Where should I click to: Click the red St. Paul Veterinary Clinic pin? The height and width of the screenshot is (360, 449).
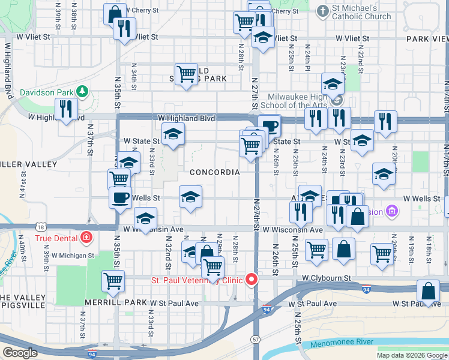252,280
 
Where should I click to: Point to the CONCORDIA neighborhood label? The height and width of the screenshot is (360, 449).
214,172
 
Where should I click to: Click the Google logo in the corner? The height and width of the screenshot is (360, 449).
19,353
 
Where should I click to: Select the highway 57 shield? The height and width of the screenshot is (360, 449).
256,339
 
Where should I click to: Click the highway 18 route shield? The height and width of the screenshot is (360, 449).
40,227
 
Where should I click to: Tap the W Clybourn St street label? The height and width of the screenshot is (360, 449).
327,278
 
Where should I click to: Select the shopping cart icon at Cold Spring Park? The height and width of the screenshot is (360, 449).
186,74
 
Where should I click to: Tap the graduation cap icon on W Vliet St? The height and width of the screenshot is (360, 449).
262,37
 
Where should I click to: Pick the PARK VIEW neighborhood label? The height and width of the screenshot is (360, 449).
427,38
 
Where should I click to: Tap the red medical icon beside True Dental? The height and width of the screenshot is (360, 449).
87,238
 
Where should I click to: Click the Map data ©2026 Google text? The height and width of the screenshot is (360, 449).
411,355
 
